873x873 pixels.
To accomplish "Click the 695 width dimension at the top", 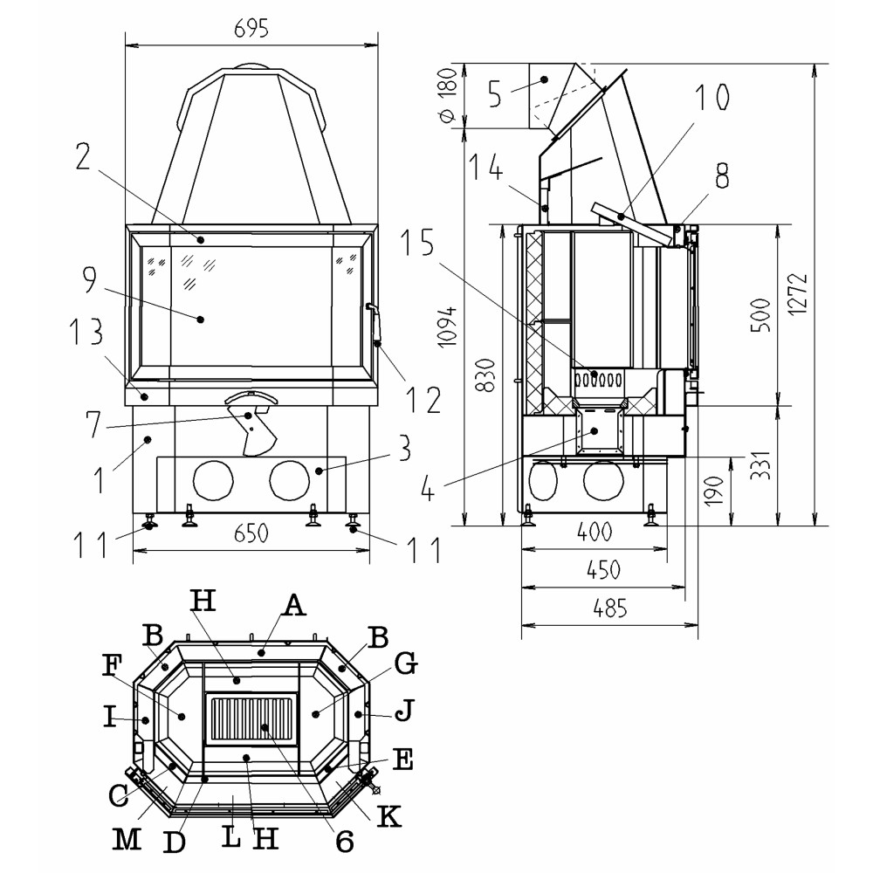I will pyautogui.click(x=251, y=28).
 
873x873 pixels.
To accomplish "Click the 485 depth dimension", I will pyautogui.click(x=608, y=609).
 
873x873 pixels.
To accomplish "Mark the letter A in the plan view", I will pyautogui.click(x=294, y=604).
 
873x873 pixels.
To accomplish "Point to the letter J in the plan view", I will pyautogui.click(x=402, y=713).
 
